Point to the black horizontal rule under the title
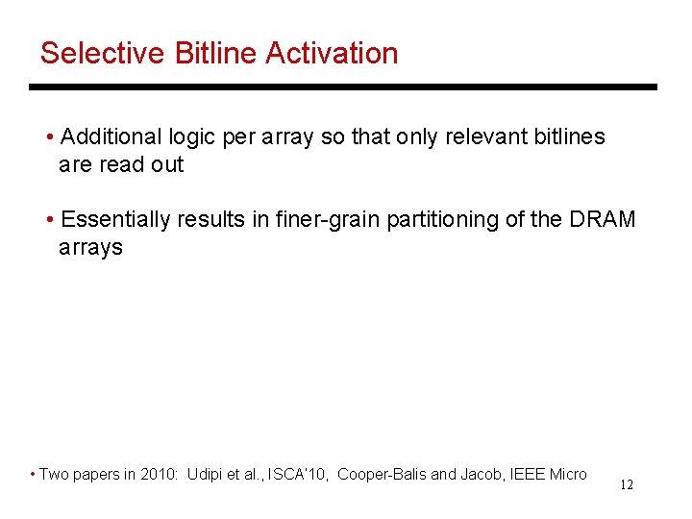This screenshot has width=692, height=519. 342,86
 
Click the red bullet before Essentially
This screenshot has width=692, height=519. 50,219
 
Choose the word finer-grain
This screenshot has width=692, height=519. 332,219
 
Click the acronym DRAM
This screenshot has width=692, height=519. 604,219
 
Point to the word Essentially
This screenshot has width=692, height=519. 116,219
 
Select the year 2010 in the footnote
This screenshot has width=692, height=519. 156,475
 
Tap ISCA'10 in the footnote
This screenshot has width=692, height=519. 297,475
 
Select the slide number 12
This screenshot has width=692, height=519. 626,485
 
